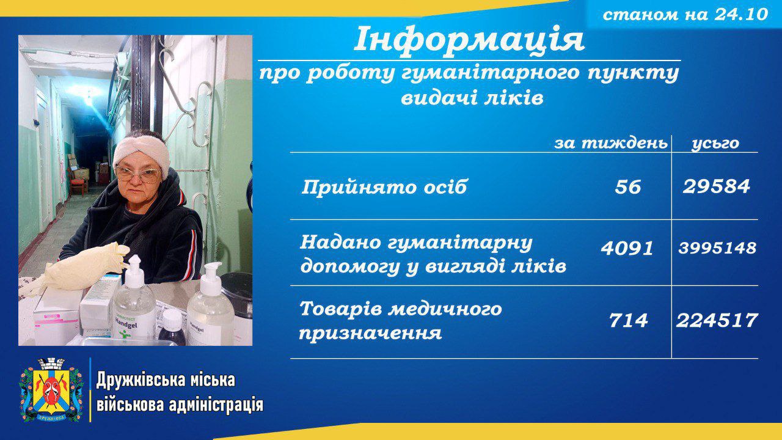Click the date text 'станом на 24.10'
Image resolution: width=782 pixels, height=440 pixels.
pos(685,14)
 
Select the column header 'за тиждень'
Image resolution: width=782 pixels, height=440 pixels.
pos(611,143)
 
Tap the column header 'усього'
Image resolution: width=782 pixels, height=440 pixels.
pos(715,144)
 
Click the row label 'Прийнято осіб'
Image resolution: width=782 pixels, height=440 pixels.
pos(384,187)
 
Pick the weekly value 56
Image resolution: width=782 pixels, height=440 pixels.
pos(627,187)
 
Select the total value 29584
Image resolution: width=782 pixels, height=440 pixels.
pos(716,186)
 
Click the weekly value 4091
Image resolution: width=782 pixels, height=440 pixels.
pos(627,248)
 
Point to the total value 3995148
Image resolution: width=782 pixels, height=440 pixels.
pos(717,248)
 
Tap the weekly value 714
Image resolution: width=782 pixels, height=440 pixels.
pos(628,320)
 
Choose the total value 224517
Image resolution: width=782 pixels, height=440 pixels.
pos(717,320)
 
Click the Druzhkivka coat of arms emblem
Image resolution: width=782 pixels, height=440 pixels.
pos(51,390)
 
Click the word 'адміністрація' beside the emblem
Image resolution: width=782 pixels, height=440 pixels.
pos(216,405)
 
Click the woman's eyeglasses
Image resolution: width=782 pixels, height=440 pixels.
pos(138,174)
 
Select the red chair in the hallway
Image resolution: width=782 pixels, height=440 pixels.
pos(78,182)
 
